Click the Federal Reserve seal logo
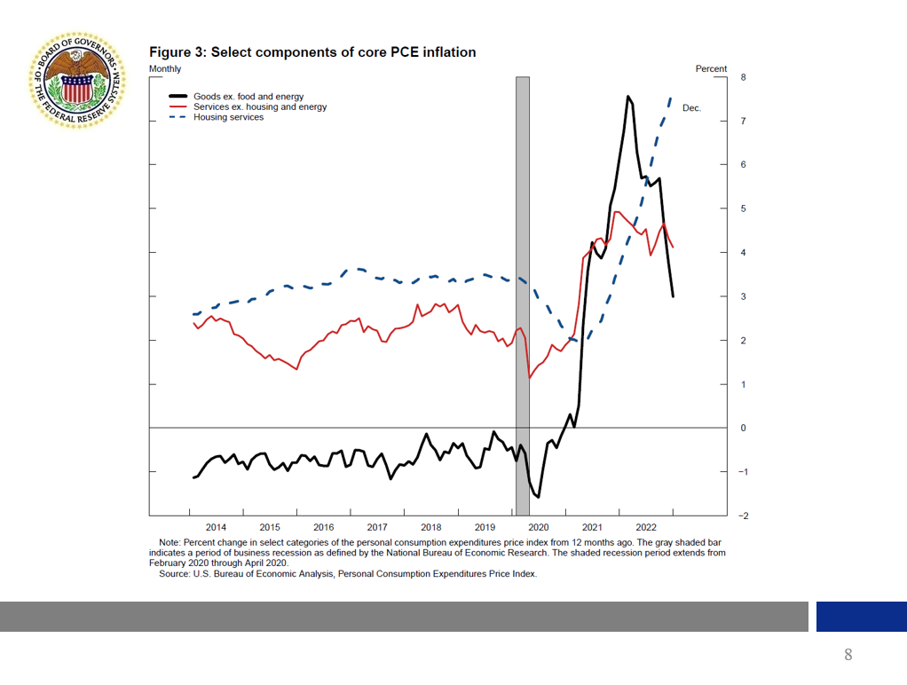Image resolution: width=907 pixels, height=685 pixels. tap(78, 77)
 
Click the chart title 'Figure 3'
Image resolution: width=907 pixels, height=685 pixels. tap(312, 52)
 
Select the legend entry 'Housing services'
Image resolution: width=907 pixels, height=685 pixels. tap(228, 117)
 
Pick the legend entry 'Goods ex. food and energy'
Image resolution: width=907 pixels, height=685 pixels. tap(248, 96)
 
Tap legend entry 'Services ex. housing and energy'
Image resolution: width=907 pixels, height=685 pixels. tap(260, 106)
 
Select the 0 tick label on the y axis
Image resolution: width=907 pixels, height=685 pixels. tap(743, 428)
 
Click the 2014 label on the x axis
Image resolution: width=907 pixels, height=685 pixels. tap(216, 527)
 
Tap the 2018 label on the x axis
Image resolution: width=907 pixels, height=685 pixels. tap(431, 527)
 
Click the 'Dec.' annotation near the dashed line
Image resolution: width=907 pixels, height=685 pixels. tap(691, 108)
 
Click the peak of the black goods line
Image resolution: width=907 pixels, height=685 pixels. tap(627, 96)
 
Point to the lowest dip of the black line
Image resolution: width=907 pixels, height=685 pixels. tap(538, 497)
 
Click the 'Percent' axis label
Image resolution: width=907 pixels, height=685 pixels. tap(711, 68)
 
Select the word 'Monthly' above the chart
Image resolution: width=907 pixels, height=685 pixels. tap(165, 68)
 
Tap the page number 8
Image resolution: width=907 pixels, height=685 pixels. tap(848, 656)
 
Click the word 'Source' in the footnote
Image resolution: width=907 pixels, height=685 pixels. tap(174, 573)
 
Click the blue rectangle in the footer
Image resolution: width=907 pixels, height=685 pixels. tap(861, 617)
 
